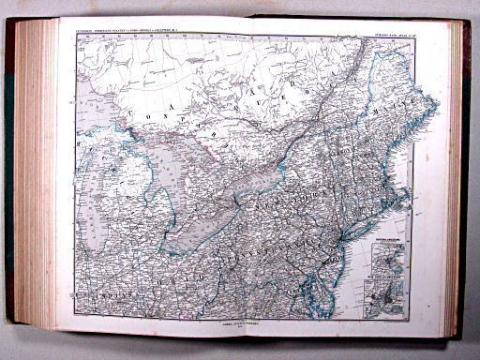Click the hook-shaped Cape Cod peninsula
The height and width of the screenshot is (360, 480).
click(x=404, y=201)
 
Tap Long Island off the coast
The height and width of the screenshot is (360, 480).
click(x=361, y=232)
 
